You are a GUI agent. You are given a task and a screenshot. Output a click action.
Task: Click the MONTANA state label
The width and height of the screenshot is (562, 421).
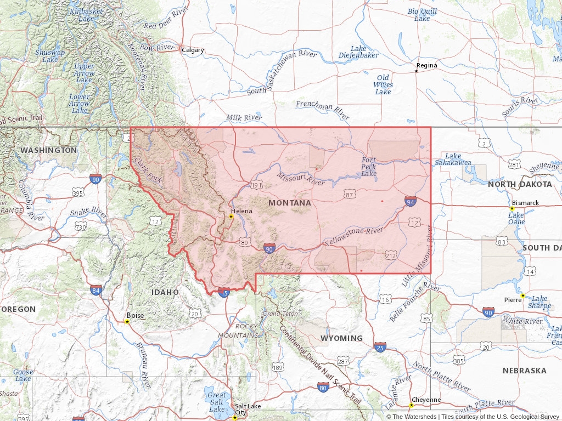click(x=290, y=203)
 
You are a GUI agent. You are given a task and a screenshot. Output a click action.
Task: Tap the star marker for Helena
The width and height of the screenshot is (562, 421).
click(x=231, y=217)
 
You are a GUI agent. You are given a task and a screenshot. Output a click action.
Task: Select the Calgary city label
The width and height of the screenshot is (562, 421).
click(x=193, y=50)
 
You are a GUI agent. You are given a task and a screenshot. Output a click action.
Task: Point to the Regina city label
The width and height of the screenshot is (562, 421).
click(x=426, y=65)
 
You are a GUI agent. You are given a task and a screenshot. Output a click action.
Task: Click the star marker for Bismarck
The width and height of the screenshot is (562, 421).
click(x=512, y=208)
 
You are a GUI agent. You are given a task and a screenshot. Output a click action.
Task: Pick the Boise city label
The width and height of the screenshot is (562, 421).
click(x=135, y=316)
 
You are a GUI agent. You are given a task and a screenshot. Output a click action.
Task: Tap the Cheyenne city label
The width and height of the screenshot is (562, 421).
click(x=426, y=400)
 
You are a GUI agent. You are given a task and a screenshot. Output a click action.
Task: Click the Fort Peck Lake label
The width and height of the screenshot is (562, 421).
click(x=369, y=167)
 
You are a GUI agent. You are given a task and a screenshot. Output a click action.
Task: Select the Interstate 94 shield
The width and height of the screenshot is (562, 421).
click(x=411, y=202)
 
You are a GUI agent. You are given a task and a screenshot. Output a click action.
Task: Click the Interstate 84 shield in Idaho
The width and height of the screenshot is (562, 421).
click(x=96, y=290)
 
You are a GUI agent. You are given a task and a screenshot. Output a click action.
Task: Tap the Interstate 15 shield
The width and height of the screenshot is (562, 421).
click(x=223, y=293)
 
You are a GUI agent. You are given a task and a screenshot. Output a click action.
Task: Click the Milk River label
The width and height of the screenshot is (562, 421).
click(x=244, y=117)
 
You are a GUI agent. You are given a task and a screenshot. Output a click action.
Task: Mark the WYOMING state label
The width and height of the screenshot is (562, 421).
click(x=341, y=338)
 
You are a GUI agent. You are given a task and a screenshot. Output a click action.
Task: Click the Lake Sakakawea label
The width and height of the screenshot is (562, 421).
click(x=453, y=159)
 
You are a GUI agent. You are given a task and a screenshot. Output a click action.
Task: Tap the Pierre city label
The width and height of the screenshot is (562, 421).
click(x=513, y=300)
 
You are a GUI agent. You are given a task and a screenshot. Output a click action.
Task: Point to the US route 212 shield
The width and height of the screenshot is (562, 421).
click(x=391, y=255)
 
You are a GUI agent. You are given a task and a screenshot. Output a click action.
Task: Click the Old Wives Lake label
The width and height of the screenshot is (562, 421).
click(x=383, y=84)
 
